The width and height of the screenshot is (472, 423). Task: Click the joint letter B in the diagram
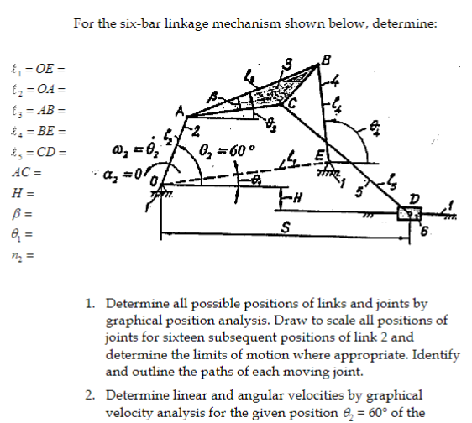(326, 60)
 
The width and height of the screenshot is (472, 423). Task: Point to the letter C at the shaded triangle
(293, 104)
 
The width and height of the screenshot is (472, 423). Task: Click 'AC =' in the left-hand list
(26, 174)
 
